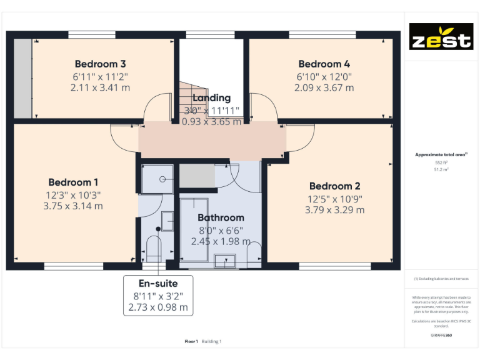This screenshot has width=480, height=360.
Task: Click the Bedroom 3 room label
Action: pos(101,64)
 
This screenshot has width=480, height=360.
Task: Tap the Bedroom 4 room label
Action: pos(324,64)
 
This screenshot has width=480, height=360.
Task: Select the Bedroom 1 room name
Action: pos(73,182)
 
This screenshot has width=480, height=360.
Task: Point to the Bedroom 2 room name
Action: pos(334,186)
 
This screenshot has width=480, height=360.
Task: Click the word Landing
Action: pos(211,97)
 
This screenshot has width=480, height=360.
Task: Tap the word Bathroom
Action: pos(221,217)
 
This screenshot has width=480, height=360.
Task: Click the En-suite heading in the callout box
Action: pos(157,283)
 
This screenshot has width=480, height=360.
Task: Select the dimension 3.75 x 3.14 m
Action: pos(73,206)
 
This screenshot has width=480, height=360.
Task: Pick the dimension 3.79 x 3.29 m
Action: pos(334,210)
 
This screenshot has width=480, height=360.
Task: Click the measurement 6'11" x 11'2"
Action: pos(101,76)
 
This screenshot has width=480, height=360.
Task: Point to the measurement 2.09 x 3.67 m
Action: pos(324,88)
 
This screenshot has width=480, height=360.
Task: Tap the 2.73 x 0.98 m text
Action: pos(157,307)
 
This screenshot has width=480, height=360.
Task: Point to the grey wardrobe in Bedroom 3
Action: pos(23,77)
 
